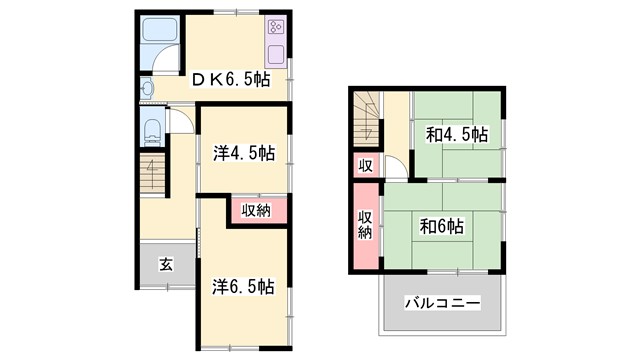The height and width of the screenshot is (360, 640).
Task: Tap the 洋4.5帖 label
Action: click(x=244, y=153)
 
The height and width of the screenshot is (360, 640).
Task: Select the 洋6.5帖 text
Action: click(x=244, y=286)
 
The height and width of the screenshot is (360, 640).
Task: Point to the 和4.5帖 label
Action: click(x=458, y=133)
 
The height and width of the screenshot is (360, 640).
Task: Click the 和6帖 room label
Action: click(x=440, y=226)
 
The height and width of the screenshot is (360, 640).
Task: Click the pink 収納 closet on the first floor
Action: click(x=257, y=210)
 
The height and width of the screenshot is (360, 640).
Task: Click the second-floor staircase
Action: click(x=366, y=118)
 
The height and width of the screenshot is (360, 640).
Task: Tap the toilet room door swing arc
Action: click(x=179, y=120)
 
